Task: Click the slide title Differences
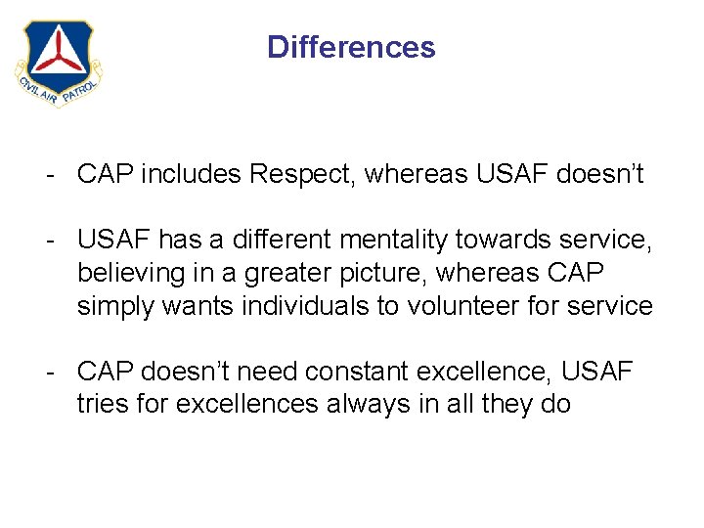coord(351,47)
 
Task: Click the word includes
coord(193,174)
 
